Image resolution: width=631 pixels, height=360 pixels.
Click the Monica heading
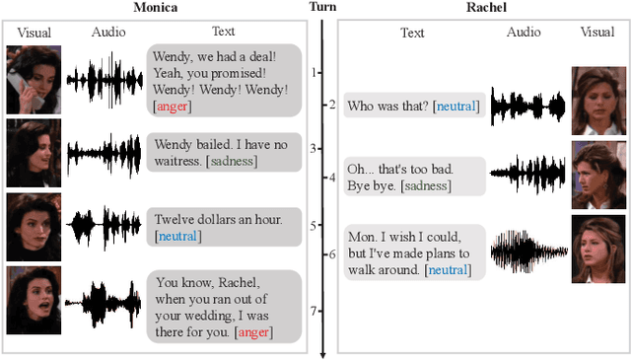tap(155, 8)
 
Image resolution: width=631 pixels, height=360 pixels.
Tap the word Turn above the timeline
tap(321, 8)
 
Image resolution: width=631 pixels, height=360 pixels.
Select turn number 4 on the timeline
tap(331, 179)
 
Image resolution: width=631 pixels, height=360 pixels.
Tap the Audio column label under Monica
tap(108, 33)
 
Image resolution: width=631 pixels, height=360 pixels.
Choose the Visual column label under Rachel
tap(597, 33)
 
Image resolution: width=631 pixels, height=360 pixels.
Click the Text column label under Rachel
tap(412, 33)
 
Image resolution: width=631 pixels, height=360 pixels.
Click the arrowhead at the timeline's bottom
tap(323, 351)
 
